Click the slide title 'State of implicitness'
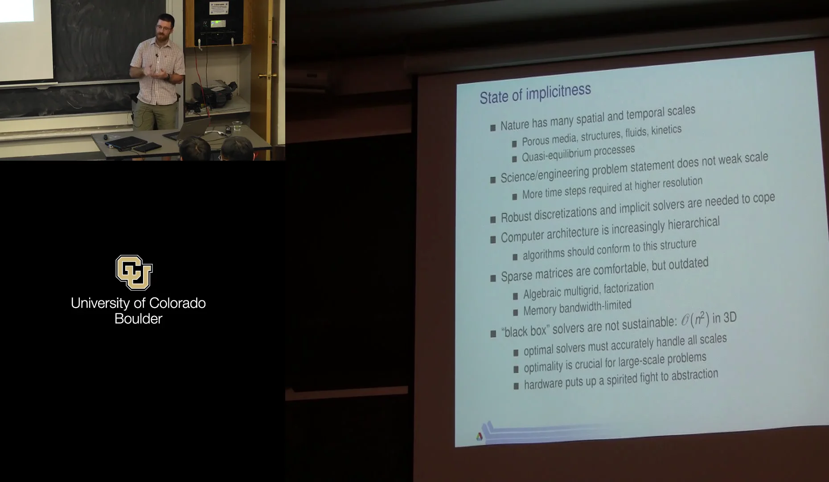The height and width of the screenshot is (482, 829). coord(535,94)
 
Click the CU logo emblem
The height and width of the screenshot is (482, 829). coord(134,272)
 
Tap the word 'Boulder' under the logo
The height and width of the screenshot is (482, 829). coord(138,319)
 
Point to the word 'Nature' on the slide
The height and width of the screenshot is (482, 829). coord(514,125)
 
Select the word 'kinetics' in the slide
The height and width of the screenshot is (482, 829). coord(666,130)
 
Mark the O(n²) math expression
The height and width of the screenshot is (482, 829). coord(695,320)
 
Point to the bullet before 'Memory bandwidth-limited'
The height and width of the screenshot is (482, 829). coord(515,312)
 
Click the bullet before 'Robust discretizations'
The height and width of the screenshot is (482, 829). coord(493,219)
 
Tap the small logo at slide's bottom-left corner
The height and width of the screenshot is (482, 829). coord(479,436)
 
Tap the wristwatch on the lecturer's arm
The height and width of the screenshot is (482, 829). coord(168,77)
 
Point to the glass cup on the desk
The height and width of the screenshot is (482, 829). coord(237,126)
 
